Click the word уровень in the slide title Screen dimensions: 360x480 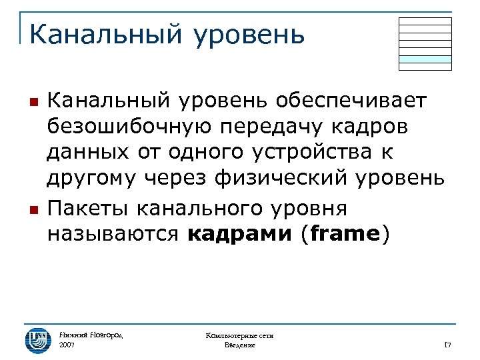click(x=249, y=35)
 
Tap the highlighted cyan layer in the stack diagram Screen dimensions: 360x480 click(x=425, y=59)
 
